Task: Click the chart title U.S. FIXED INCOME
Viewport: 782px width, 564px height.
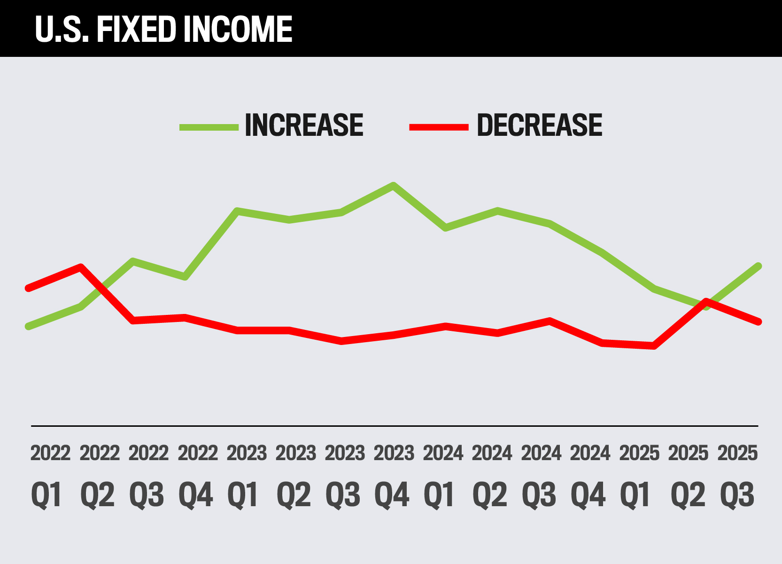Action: coord(163,29)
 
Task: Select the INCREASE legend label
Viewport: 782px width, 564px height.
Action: coord(304,125)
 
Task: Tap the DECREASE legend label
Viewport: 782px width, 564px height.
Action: coord(539,125)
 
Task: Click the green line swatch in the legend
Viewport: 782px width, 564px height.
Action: coord(209,127)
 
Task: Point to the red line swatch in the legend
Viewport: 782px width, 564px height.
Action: coord(439,127)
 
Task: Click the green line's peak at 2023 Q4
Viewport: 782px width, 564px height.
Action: coord(393,185)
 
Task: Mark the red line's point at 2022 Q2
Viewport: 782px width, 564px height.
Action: coord(81,267)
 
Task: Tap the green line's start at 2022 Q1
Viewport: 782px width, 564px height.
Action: coord(29,326)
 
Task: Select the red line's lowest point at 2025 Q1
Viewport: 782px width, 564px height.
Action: coord(654,346)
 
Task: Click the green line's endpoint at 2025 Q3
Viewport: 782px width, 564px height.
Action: coord(758,266)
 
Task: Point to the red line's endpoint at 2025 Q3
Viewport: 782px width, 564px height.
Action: coord(758,322)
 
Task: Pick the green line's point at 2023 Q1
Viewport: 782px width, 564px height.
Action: coord(238,211)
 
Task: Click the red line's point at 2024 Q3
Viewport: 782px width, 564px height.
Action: coord(550,321)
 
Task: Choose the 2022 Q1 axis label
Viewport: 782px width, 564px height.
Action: coord(50,475)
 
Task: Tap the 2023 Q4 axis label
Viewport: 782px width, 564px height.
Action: coord(393,475)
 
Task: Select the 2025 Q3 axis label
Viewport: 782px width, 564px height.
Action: coord(737,475)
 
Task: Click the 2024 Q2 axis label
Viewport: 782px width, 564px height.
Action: coord(491,475)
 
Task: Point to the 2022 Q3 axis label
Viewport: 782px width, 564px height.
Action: coord(148,475)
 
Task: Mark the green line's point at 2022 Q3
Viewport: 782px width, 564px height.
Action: coord(133,261)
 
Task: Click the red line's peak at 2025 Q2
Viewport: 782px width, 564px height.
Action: coord(706,301)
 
